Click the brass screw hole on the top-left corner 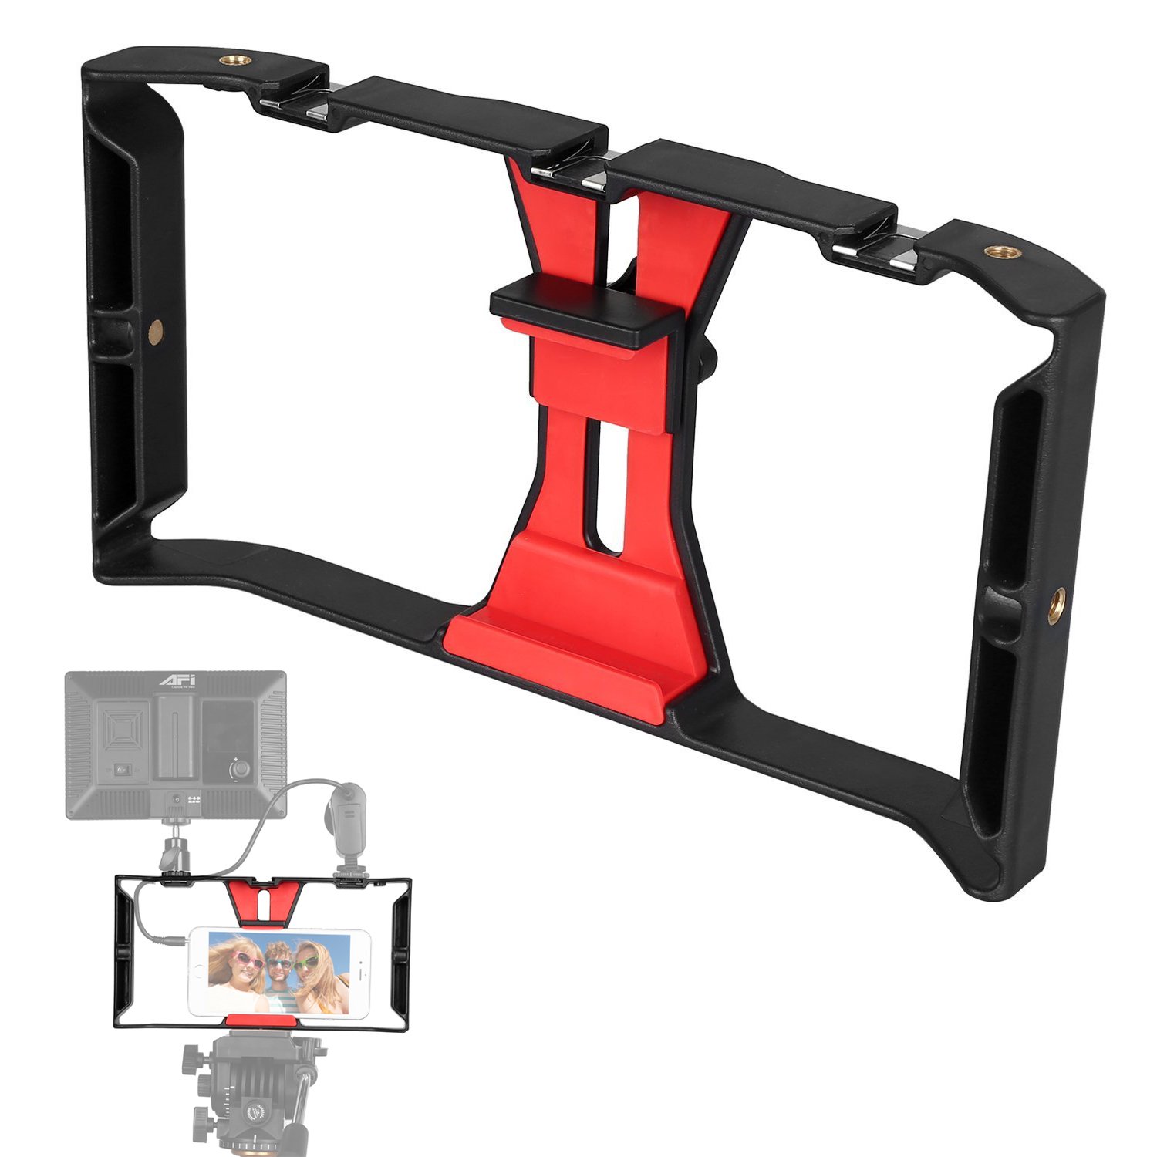point(229,59)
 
